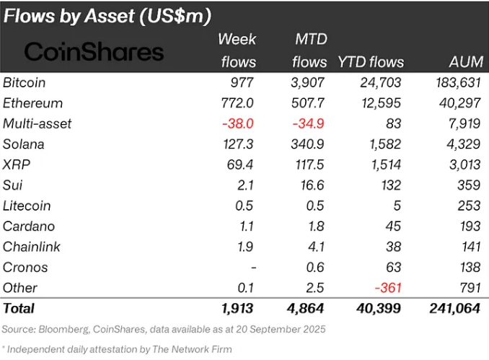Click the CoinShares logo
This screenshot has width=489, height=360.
click(94, 51)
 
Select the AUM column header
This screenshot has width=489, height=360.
click(467, 62)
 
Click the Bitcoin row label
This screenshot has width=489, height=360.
click(26, 82)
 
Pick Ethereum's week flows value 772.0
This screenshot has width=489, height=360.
click(239, 103)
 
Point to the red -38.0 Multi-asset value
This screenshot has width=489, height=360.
click(238, 123)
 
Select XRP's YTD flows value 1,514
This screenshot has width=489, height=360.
click(386, 164)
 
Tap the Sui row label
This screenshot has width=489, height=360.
click(13, 185)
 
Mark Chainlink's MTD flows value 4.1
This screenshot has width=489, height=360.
click(315, 247)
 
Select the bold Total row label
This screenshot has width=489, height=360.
click(19, 309)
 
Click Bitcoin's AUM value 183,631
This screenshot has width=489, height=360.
click(459, 82)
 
